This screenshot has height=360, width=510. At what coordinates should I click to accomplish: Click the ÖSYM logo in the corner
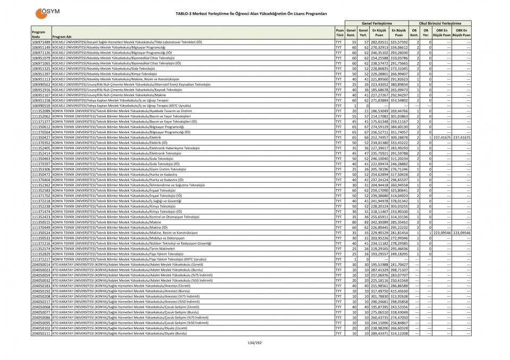(x=46, y=12)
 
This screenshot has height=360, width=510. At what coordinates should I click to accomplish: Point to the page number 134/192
(x=255, y=343)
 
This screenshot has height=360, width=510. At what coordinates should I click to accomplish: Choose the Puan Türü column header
(x=339, y=33)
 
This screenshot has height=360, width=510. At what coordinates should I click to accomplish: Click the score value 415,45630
(x=399, y=291)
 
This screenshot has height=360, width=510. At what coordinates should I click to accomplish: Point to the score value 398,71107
(x=399, y=270)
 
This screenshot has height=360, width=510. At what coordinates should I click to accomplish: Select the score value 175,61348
(x=379, y=122)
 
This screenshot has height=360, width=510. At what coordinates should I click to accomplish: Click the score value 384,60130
(x=399, y=127)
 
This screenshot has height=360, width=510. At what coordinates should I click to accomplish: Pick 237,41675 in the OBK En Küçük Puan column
(x=441, y=138)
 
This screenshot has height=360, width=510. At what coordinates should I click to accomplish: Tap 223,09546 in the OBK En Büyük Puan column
(x=462, y=233)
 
